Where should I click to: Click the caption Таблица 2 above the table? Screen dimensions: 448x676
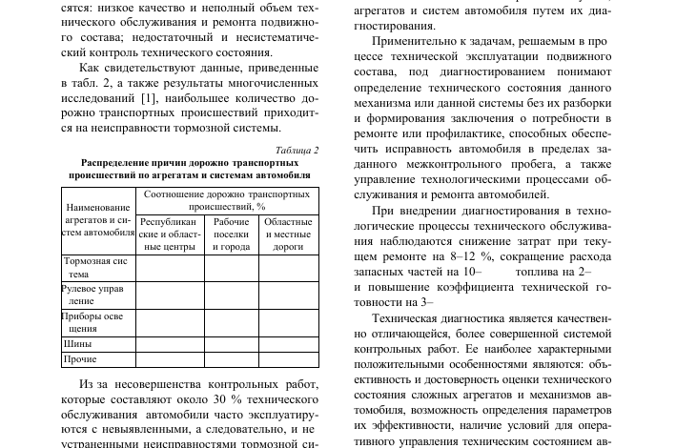297,151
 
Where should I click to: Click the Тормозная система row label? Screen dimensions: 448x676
95,266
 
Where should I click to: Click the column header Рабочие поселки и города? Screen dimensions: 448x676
232,233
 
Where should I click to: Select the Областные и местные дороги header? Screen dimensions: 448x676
288,233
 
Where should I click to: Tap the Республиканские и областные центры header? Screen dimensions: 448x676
170,233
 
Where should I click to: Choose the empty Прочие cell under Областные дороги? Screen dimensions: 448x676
288,359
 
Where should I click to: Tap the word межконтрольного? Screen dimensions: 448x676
452,164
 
